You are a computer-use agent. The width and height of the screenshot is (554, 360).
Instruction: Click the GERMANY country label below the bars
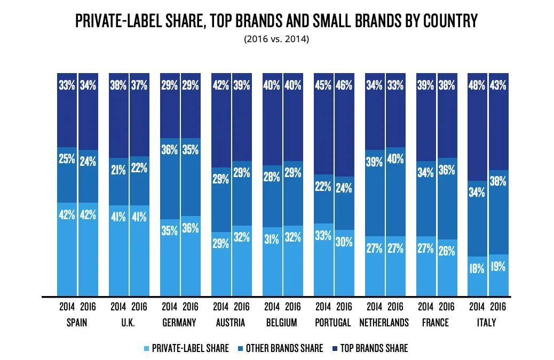point(179,323)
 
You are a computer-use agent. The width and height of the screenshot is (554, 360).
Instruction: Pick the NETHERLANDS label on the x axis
point(384,323)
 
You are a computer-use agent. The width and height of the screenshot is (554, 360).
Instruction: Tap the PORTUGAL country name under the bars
point(334,323)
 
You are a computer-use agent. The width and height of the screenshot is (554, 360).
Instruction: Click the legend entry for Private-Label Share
point(190,348)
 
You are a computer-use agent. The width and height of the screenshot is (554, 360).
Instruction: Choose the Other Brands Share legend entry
point(284,348)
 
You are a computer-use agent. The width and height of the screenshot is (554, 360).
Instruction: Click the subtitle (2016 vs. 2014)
point(276,39)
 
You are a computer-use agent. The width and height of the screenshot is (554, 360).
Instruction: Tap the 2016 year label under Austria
point(242,307)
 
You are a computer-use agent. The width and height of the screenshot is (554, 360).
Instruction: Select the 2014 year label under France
point(425,307)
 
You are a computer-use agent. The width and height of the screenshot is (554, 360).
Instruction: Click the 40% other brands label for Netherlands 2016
point(395,159)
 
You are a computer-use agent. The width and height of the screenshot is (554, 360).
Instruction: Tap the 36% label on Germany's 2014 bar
point(169,150)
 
